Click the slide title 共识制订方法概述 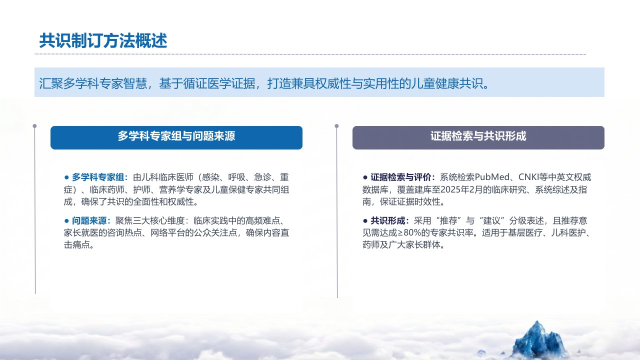click(x=103, y=40)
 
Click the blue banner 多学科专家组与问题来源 click(x=176, y=137)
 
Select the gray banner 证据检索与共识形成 click(x=478, y=137)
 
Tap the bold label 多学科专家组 click(x=97, y=177)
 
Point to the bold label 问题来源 click(x=89, y=220)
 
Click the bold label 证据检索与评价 click(x=401, y=177)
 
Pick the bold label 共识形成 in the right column click(x=387, y=220)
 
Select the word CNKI click(x=528, y=177)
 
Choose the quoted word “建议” click(x=492, y=220)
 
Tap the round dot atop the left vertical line click(x=34, y=126)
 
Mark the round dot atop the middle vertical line click(x=336, y=126)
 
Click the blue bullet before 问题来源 click(x=67, y=221)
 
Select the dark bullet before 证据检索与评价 click(x=365, y=177)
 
